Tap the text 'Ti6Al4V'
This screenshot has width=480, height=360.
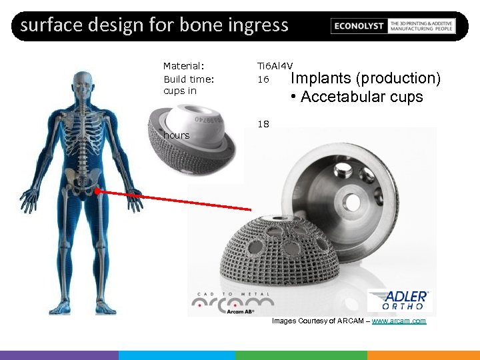click(x=275, y=66)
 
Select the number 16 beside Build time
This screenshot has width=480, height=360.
click(x=263, y=79)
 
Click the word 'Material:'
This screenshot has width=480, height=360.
click(x=183, y=66)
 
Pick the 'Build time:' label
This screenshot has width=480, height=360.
click(x=189, y=79)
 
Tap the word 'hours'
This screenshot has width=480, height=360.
click(x=177, y=136)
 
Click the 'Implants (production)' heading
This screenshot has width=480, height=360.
click(x=366, y=79)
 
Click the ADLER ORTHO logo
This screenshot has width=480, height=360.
click(x=399, y=299)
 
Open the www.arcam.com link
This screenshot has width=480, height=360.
click(x=399, y=321)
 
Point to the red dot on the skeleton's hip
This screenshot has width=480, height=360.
click(x=97, y=191)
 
